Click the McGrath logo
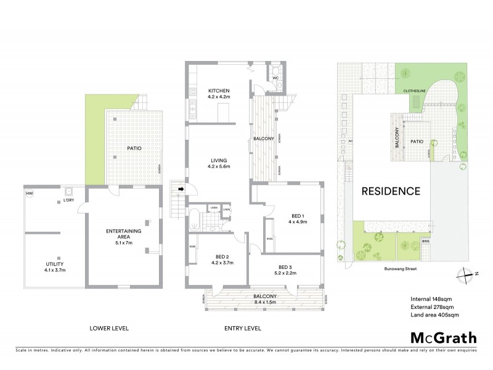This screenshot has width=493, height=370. (442, 337)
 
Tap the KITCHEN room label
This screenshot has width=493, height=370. (218, 93)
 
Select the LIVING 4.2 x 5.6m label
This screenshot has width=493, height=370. (218, 163)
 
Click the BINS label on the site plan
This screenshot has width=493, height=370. (425, 241)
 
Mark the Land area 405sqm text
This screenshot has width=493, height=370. (434, 316)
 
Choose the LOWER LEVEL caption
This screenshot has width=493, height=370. (110, 327)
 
